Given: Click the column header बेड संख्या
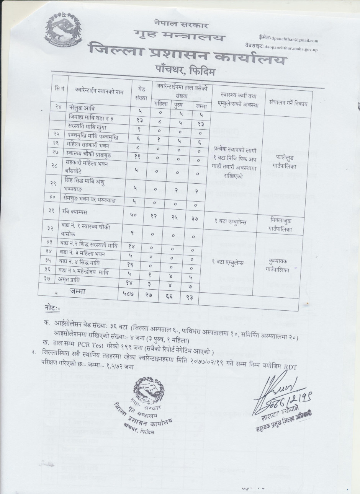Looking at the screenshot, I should [x=141, y=92].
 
